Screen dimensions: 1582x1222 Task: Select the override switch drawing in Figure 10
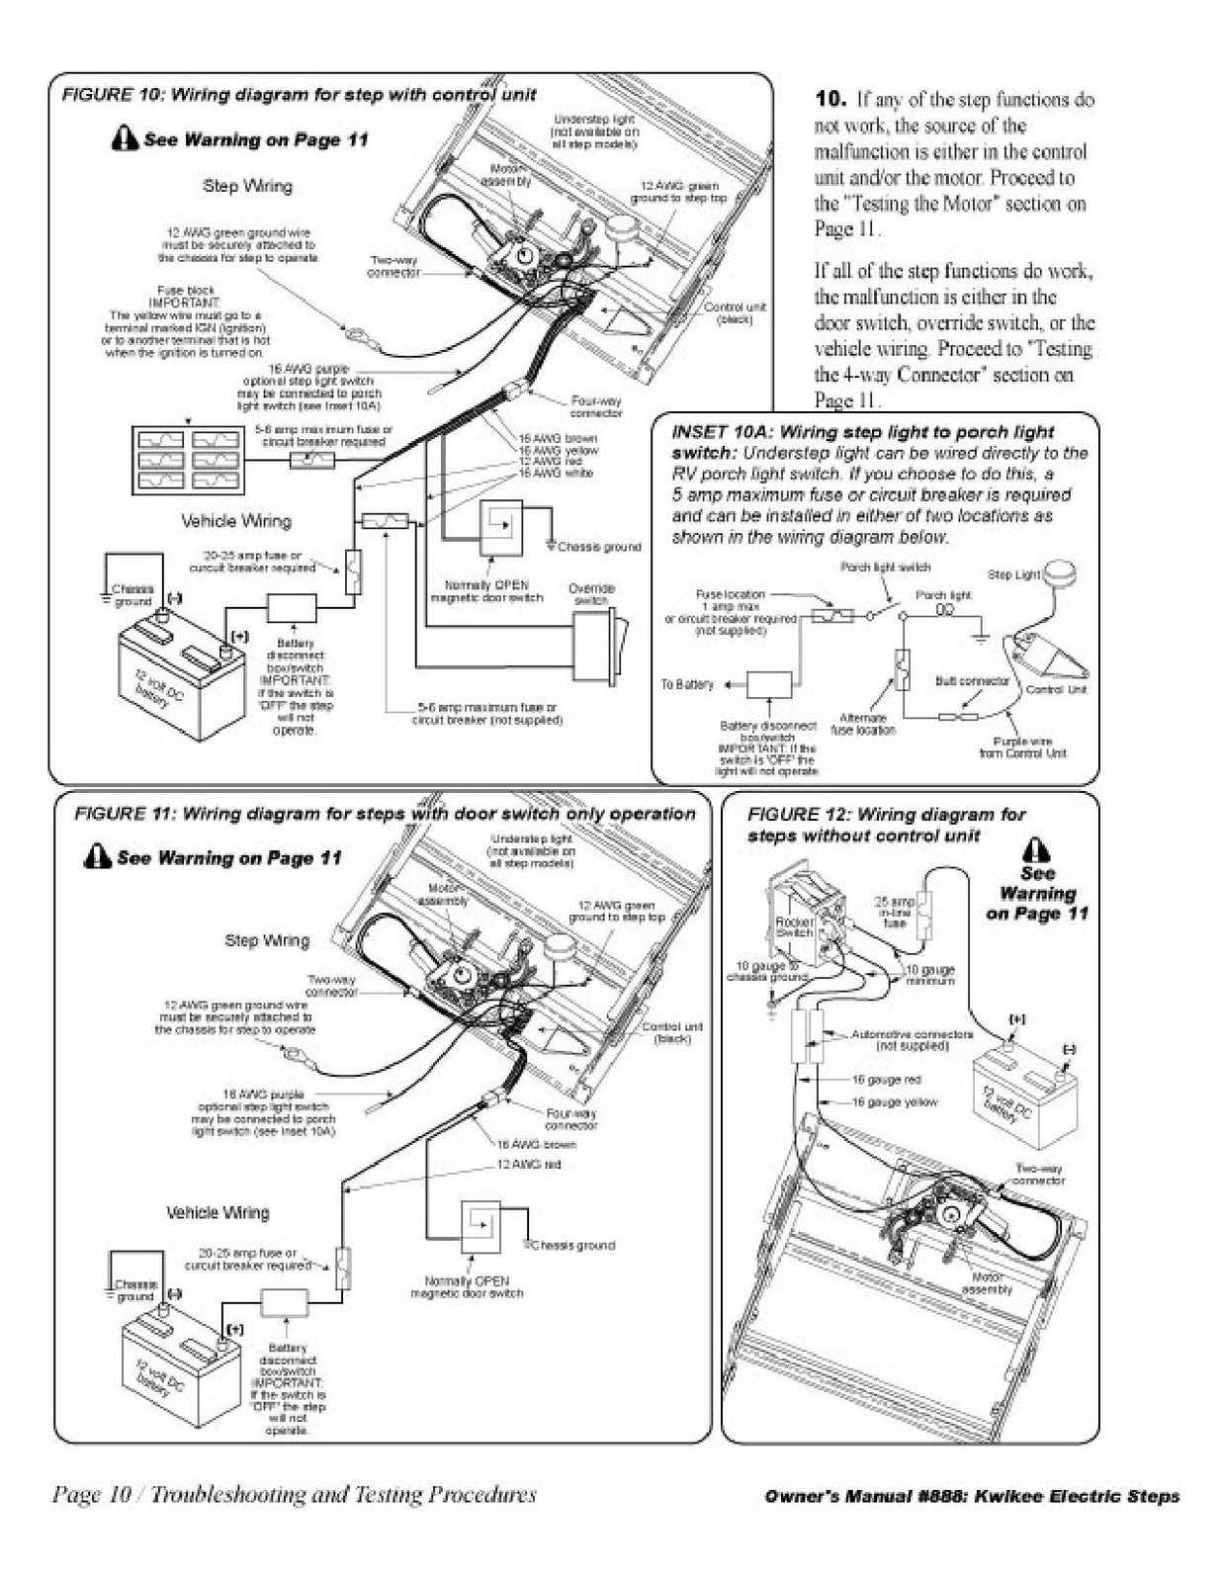click(x=599, y=648)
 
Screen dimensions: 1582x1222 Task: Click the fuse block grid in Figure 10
click(x=188, y=460)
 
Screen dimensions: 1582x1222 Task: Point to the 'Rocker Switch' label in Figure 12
click(x=795, y=926)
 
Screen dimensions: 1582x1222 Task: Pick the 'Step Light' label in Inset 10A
click(x=1012, y=574)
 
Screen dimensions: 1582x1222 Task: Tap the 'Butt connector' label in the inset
click(x=972, y=681)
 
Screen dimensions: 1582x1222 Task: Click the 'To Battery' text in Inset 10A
click(x=687, y=684)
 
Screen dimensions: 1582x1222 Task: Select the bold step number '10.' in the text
click(x=830, y=99)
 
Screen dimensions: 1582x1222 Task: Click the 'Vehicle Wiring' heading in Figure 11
click(x=218, y=1212)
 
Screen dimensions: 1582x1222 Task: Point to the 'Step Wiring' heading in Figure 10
click(x=247, y=185)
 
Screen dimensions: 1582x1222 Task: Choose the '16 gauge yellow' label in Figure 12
click(x=894, y=1102)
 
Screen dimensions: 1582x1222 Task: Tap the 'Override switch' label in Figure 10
click(x=591, y=594)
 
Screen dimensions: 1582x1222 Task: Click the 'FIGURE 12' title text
click(x=797, y=815)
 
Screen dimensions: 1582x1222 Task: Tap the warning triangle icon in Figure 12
click(x=1035, y=849)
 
